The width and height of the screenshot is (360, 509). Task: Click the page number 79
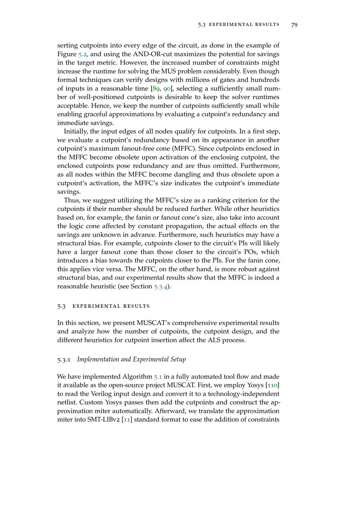pos(294,24)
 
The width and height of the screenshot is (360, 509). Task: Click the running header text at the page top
pos(239,24)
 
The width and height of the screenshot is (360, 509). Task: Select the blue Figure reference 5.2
pos(82,54)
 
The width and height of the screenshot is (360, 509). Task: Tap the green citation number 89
pos(157,89)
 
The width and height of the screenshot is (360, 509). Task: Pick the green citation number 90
pos(167,89)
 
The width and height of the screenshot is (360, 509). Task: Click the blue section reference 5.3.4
pos(161,287)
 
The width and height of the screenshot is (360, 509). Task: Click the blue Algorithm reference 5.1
pos(158,377)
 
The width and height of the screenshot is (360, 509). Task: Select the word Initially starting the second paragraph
pos(76,131)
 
